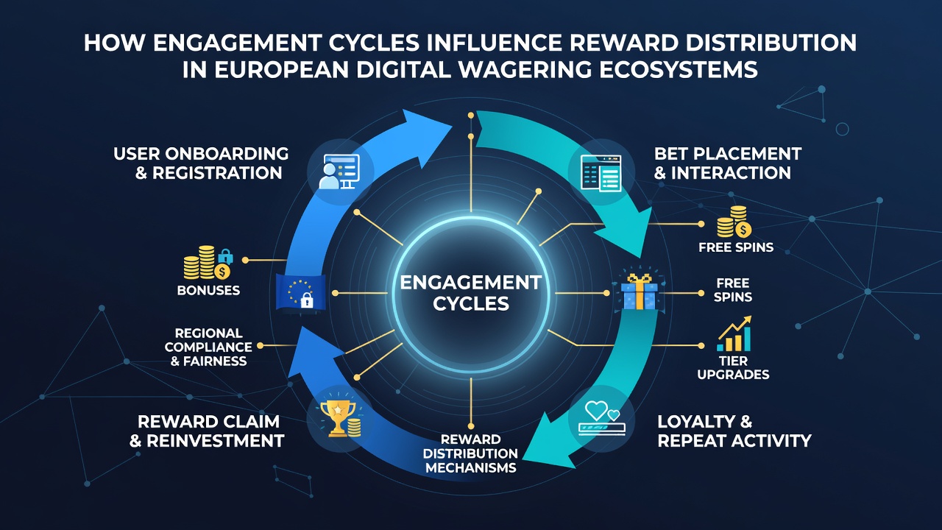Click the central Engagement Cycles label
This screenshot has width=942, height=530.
point(470,293)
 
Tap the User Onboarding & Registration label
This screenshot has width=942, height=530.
point(201,163)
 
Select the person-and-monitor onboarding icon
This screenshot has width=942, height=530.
point(339,172)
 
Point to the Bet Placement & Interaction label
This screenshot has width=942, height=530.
point(728,163)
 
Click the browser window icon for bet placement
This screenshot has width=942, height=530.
point(601,173)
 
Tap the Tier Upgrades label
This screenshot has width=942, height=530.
point(733,367)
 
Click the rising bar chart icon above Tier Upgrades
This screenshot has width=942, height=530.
point(734,334)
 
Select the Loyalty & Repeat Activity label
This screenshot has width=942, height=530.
point(734,431)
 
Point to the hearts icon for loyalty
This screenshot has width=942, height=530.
point(602,417)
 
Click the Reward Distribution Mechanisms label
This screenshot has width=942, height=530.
point(470,453)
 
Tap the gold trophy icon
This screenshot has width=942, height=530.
point(340,418)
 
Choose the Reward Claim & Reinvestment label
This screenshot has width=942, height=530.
point(207,431)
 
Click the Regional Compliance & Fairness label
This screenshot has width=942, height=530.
point(208,347)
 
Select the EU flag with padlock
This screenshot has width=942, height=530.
point(301,291)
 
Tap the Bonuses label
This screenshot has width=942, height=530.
point(208,290)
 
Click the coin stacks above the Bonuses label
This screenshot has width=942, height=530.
point(208,263)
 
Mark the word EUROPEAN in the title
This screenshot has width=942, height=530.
point(282,69)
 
